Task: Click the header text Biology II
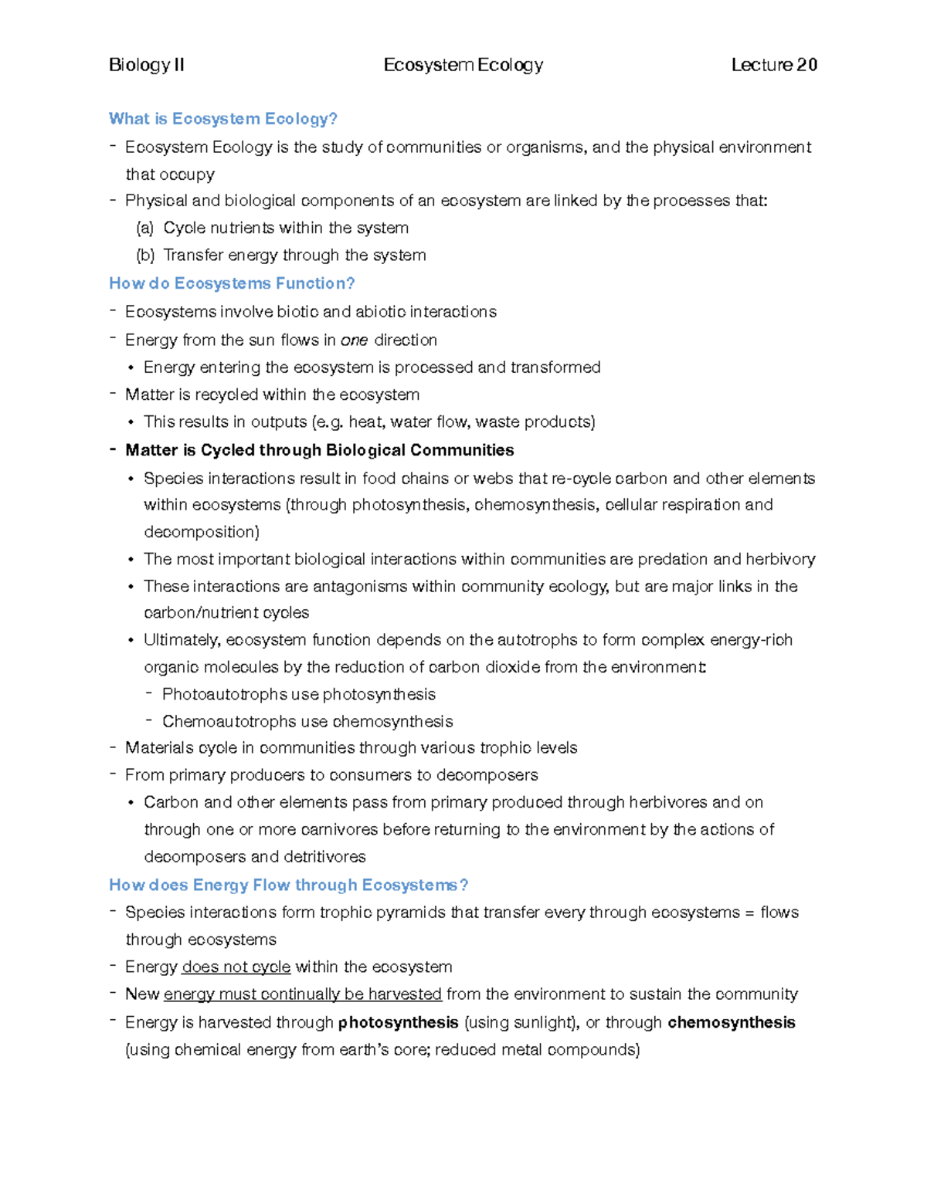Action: point(146,65)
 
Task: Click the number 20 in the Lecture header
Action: point(806,65)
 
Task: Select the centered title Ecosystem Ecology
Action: point(463,65)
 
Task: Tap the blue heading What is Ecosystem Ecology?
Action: point(223,119)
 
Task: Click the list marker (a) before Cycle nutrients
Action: point(145,229)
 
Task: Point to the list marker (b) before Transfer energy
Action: point(145,256)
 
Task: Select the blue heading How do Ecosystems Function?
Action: point(232,283)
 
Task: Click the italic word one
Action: point(354,340)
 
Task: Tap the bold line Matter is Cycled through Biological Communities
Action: point(319,450)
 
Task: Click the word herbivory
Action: point(781,559)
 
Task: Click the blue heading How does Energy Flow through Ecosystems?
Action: point(288,885)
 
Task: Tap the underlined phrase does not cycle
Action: point(236,967)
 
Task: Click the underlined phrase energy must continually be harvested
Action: point(303,994)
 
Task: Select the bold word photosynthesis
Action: point(399,1023)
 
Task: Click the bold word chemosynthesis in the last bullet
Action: point(731,1023)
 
